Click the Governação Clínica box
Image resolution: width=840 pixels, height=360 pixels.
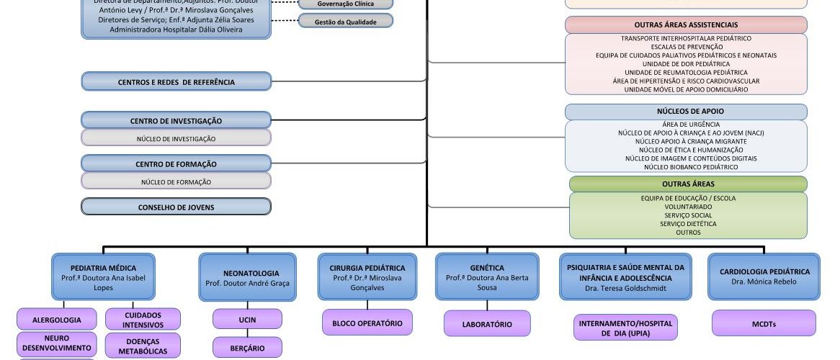346,4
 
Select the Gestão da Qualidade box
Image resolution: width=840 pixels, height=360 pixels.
346,22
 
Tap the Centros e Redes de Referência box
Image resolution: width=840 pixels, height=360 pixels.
177,82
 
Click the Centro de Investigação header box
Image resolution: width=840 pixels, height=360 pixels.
177,121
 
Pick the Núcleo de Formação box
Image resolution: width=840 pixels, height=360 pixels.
177,182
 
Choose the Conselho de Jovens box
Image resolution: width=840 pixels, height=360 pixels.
177,207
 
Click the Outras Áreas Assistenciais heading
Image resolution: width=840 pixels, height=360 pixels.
686,25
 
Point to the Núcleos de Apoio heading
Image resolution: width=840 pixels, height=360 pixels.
686,112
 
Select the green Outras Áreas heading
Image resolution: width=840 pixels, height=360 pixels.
688,184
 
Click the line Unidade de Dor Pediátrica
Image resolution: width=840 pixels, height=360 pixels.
686,64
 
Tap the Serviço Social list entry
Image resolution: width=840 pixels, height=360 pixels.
688,215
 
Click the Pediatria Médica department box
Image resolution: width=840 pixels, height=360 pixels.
104,276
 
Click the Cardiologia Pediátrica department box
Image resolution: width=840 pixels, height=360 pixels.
764,276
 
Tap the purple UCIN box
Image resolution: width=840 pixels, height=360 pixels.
247,319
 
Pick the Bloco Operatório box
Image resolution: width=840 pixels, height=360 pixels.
367,323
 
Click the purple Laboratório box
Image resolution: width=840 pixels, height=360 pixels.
487,324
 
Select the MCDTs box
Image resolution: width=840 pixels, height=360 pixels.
764,324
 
